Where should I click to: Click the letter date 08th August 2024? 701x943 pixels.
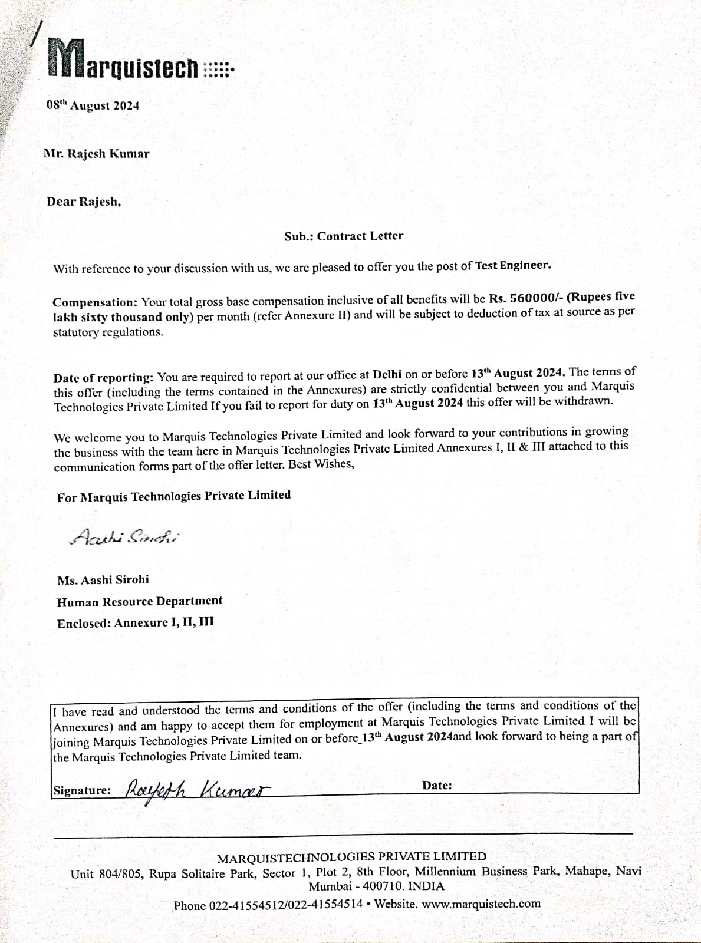(93, 105)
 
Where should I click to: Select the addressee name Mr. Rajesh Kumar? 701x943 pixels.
(97, 154)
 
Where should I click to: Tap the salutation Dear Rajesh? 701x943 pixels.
(84, 202)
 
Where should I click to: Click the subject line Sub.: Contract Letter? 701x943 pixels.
(344, 236)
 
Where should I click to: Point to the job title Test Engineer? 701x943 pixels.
(513, 265)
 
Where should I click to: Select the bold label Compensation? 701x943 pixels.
(95, 302)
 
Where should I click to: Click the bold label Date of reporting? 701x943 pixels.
(103, 377)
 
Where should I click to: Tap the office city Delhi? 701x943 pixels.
(388, 374)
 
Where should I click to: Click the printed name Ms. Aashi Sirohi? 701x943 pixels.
(103, 579)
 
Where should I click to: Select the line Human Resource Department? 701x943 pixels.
(140, 601)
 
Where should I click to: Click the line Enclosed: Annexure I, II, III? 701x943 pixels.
(136, 622)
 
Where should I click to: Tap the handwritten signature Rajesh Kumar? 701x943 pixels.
(197, 788)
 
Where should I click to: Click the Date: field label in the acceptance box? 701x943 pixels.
(437, 785)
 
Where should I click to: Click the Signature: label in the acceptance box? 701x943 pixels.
(82, 790)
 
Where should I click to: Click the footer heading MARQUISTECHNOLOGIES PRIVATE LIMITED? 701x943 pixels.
(352, 857)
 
